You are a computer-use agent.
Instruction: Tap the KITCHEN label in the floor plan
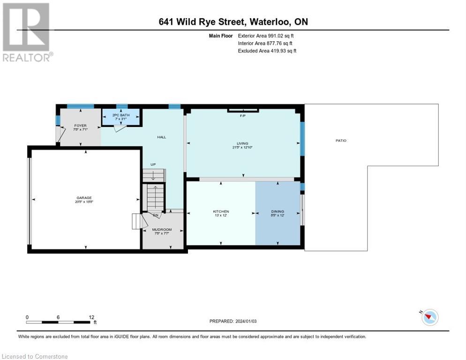pyautogui.click(x=221, y=211)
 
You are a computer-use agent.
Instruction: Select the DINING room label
pyautogui.click(x=278, y=211)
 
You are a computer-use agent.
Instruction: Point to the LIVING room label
pyautogui.click(x=242, y=143)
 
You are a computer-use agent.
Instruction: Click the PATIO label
pyautogui.click(x=341, y=140)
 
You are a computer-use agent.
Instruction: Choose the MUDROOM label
pyautogui.click(x=162, y=230)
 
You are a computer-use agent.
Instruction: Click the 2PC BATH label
pyautogui.click(x=120, y=115)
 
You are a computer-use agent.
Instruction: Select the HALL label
pyautogui.click(x=161, y=137)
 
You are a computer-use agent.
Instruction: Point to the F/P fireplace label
pyautogui.click(x=243, y=115)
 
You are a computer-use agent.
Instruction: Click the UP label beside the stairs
pyautogui.click(x=153, y=165)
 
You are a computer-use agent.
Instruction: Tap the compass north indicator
pyautogui.click(x=429, y=317)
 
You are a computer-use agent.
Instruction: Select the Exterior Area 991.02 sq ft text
pyautogui.click(x=266, y=36)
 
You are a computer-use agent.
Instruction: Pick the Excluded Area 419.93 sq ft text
pyautogui.click(x=267, y=51)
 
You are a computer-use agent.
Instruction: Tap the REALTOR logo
pyautogui.click(x=26, y=32)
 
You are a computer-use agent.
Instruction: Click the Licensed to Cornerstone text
pyautogui.click(x=35, y=356)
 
